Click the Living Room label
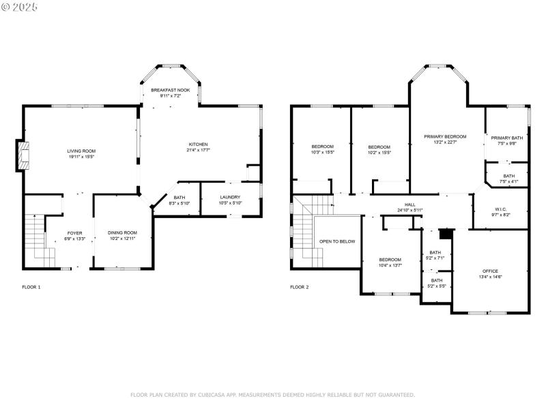(x=81, y=153)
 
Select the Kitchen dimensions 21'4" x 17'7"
(x=199, y=151)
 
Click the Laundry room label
(x=229, y=200)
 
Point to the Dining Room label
(x=122, y=236)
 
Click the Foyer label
(x=74, y=236)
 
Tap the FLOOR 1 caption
(x=31, y=287)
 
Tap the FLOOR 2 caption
(x=299, y=287)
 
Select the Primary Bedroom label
(x=445, y=139)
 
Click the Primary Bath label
(x=506, y=140)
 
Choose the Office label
(x=490, y=273)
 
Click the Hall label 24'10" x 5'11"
(x=410, y=207)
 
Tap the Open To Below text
(x=337, y=241)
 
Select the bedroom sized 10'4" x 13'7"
(x=390, y=262)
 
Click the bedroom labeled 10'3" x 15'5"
(x=322, y=150)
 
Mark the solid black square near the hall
(x=446, y=234)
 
